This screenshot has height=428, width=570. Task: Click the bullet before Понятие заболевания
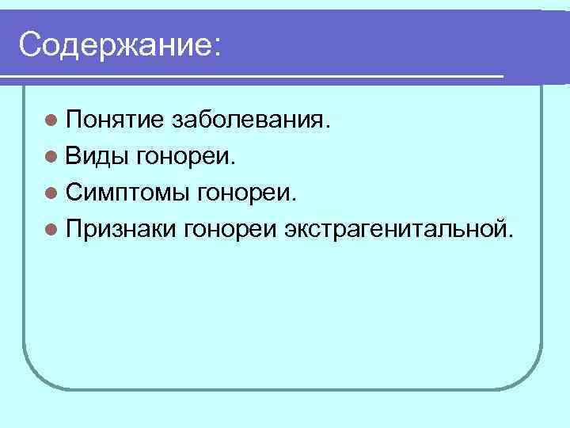pos(51,120)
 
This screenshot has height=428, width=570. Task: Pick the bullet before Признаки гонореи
pos(51,229)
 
